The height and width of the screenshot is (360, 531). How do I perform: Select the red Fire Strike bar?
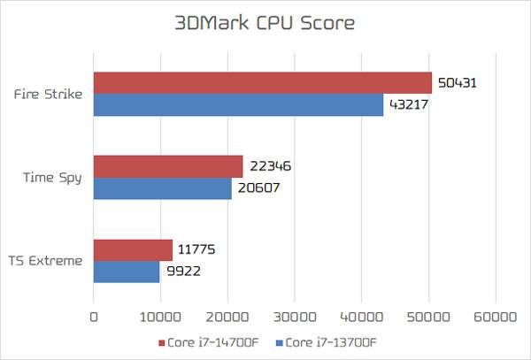tap(262, 83)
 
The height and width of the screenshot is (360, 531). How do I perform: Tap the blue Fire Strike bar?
tap(238, 105)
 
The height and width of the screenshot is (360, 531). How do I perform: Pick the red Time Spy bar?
tap(168, 166)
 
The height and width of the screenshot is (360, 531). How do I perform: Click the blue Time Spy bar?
tap(162, 188)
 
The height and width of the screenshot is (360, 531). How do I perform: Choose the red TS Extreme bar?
tap(133, 250)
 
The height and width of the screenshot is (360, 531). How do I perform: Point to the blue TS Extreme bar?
tap(127, 272)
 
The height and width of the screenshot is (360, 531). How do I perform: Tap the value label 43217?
tap(411, 105)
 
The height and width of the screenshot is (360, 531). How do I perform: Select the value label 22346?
tap(271, 166)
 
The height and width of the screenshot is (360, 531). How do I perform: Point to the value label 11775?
tap(199, 250)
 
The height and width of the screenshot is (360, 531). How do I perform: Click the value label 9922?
tap(183, 272)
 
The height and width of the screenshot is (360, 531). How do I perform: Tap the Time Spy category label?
tap(52, 177)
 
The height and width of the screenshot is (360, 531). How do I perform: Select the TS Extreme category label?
tap(47, 261)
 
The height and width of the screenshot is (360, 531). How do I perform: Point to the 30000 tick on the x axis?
tap(294, 315)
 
